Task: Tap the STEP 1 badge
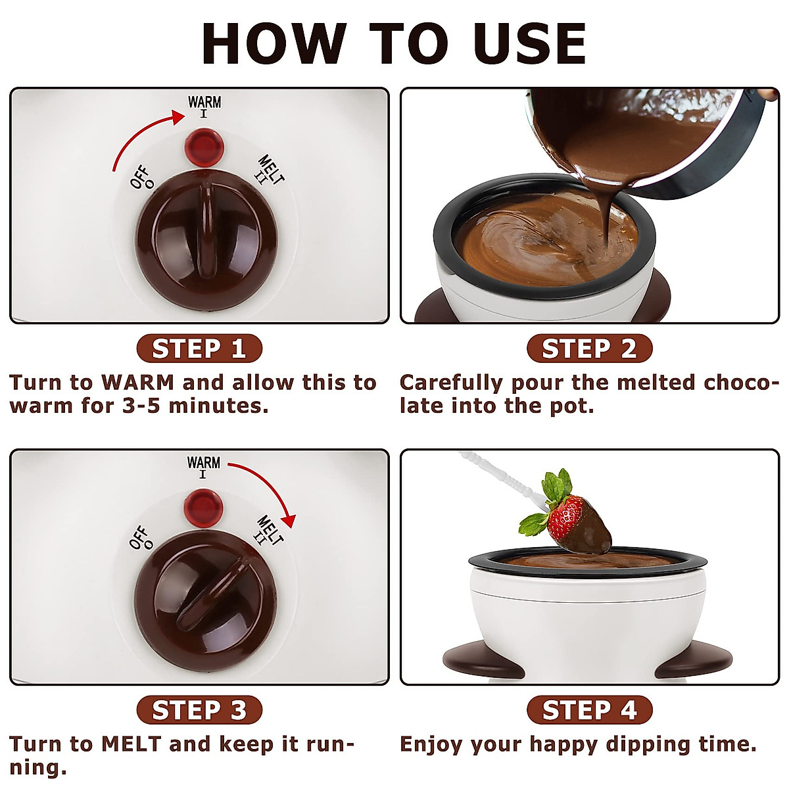click(x=199, y=348)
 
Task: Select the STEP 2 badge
click(x=589, y=348)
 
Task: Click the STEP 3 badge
click(x=199, y=710)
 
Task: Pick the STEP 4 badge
click(x=589, y=710)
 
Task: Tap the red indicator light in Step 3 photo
click(x=203, y=505)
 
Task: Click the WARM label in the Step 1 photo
click(x=204, y=103)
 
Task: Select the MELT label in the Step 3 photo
click(x=270, y=530)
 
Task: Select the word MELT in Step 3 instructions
click(x=131, y=744)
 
